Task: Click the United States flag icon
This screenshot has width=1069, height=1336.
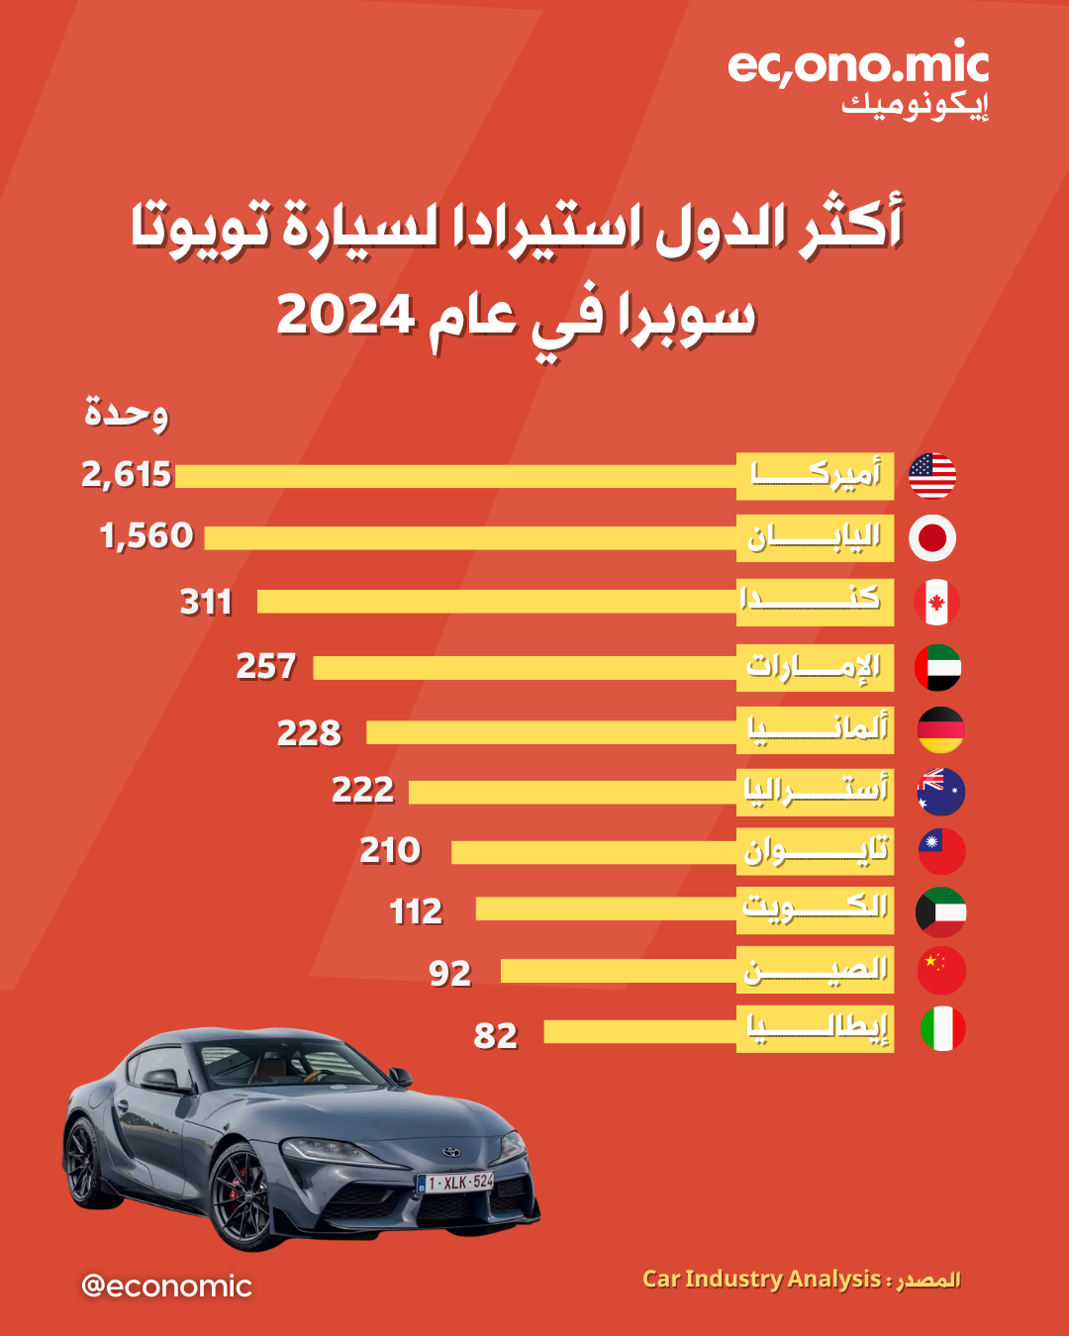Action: point(932,476)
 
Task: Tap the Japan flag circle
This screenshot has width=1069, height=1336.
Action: point(932,538)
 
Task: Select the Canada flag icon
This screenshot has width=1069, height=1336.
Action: point(936,602)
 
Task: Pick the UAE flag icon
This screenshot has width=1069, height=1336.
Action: point(937,667)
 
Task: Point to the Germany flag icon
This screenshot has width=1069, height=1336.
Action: point(940,730)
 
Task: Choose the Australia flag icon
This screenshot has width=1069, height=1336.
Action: point(940,792)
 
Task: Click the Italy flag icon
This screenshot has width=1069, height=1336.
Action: point(942,1028)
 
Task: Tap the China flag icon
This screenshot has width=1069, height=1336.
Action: point(941,971)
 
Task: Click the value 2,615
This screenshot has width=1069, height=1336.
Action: point(127,475)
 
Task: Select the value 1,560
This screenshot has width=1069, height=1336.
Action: point(146,536)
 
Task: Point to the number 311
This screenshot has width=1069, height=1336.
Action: point(206,602)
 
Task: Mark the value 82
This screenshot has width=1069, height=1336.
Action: point(496,1036)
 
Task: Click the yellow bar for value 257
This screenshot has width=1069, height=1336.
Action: point(525,668)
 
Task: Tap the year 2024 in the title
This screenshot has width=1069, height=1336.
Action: point(345,315)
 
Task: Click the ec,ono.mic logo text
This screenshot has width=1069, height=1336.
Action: point(858,65)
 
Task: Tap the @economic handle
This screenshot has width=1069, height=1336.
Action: point(166,1286)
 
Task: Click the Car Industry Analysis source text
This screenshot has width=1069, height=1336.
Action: point(761,1279)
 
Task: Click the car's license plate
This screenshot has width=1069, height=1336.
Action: point(456,1183)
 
